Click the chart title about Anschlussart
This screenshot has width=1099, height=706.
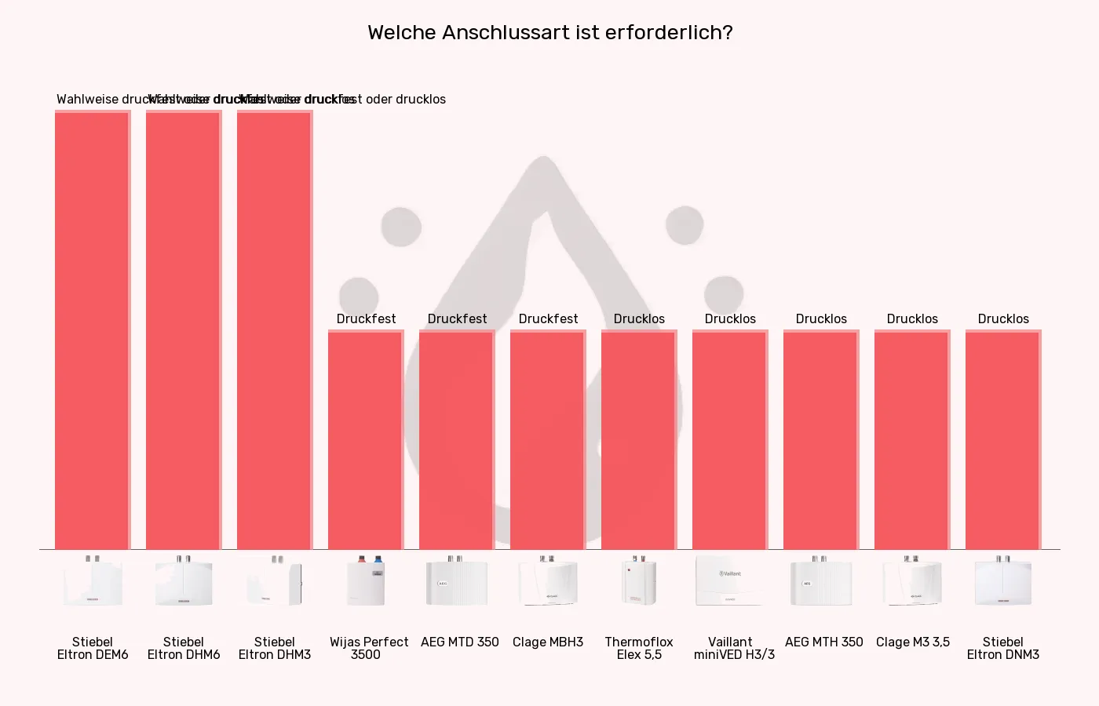point(549,33)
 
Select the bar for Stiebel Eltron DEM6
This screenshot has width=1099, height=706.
point(93,329)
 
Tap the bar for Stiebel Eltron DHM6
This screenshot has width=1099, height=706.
point(184,329)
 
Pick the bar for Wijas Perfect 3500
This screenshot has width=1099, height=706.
point(366,439)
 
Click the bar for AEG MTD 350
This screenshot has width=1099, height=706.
point(457,439)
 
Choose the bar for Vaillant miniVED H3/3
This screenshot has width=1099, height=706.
point(730,439)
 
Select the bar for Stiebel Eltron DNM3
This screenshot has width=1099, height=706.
point(1003,439)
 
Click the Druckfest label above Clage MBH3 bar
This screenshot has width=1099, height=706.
point(548,318)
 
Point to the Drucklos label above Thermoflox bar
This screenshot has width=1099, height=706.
point(639,318)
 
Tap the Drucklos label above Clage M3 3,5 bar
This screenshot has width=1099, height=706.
point(912,318)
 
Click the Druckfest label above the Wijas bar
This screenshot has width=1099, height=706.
point(366,318)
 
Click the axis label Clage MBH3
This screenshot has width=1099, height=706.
point(548,642)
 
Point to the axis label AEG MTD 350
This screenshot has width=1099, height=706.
point(460,642)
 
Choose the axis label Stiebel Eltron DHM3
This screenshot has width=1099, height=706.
point(275,648)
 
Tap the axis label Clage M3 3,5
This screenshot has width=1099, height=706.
point(912,642)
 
